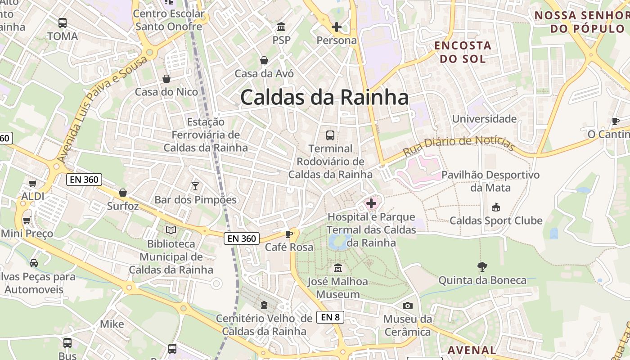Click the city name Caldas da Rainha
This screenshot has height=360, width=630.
click(324, 97)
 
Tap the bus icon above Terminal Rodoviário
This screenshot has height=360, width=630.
click(330, 135)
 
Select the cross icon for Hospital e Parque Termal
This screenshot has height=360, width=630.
click(371, 203)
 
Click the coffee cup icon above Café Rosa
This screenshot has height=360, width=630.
click(288, 234)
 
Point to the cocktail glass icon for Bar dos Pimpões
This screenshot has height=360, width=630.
click(195, 186)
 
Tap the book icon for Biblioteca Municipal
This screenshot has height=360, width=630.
click(171, 230)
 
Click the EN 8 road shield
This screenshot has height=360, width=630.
click(330, 317)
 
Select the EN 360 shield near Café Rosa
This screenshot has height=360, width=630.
click(242, 238)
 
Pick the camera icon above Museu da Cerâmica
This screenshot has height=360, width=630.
click(407, 306)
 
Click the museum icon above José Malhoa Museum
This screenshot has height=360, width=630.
click(337, 268)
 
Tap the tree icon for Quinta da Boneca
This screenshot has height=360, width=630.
click(482, 267)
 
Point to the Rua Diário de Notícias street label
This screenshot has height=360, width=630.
click(459, 145)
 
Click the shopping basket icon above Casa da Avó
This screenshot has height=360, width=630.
click(264, 60)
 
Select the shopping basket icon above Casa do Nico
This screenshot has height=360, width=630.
click(166, 79)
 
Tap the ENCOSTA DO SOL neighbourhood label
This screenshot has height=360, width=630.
click(462, 52)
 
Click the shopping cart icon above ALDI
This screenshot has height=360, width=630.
click(32, 183)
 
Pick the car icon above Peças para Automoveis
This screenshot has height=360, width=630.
click(34, 263)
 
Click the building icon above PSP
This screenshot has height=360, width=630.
click(282, 27)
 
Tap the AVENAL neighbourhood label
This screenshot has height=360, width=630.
click(472, 350)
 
